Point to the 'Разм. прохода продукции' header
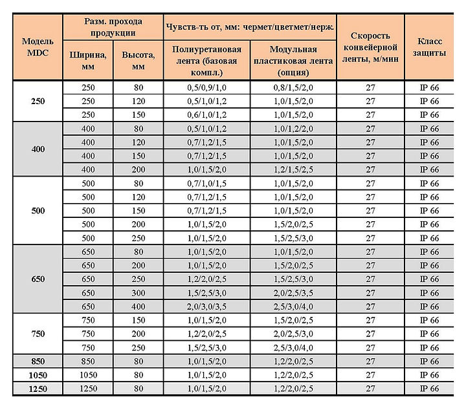(113, 27)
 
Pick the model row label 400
(38, 149)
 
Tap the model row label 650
(38, 280)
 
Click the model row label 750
(38, 333)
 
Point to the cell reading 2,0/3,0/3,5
(206, 306)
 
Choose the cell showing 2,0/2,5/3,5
(293, 292)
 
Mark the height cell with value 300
(138, 292)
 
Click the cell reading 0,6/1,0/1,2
(206, 114)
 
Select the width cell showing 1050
(87, 374)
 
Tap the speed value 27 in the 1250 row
(370, 388)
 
